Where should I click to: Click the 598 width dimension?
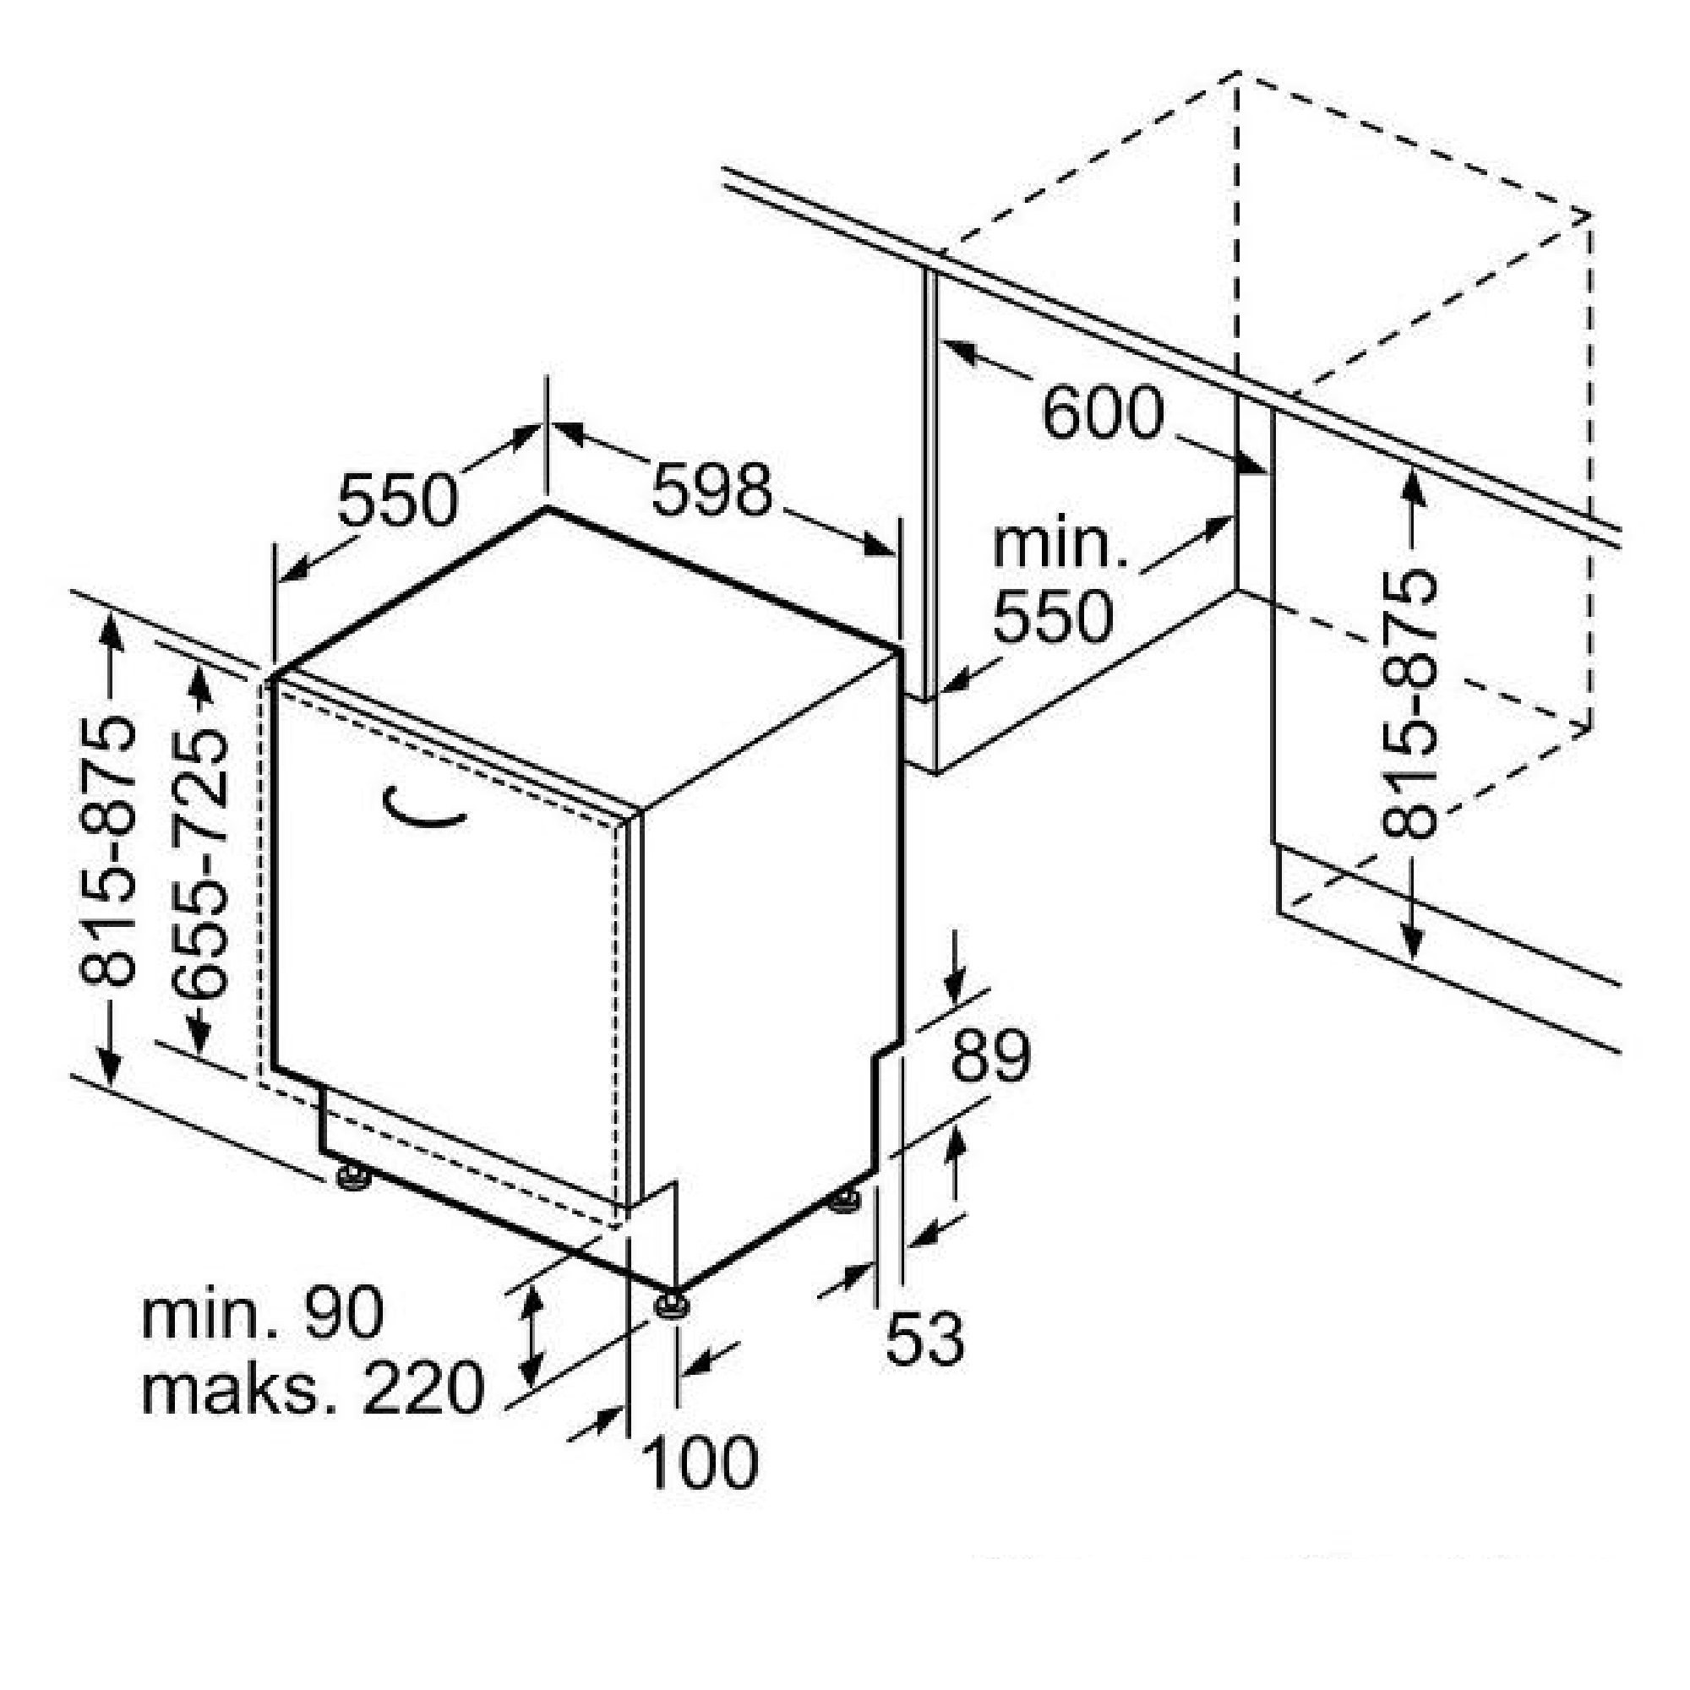point(712,490)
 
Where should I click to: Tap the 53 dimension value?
point(924,1338)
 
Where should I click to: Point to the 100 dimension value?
point(700,1462)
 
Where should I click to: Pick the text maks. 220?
point(313,1388)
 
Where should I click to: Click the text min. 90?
point(263,1313)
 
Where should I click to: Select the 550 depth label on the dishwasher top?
point(398,499)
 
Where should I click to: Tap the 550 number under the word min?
point(1053,618)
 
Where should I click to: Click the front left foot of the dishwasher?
point(353,1177)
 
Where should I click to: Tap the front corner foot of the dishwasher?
point(672,1306)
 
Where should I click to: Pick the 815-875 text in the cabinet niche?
point(1409,705)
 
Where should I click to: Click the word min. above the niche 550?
point(1060,544)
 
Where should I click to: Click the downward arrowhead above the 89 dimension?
point(955,987)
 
